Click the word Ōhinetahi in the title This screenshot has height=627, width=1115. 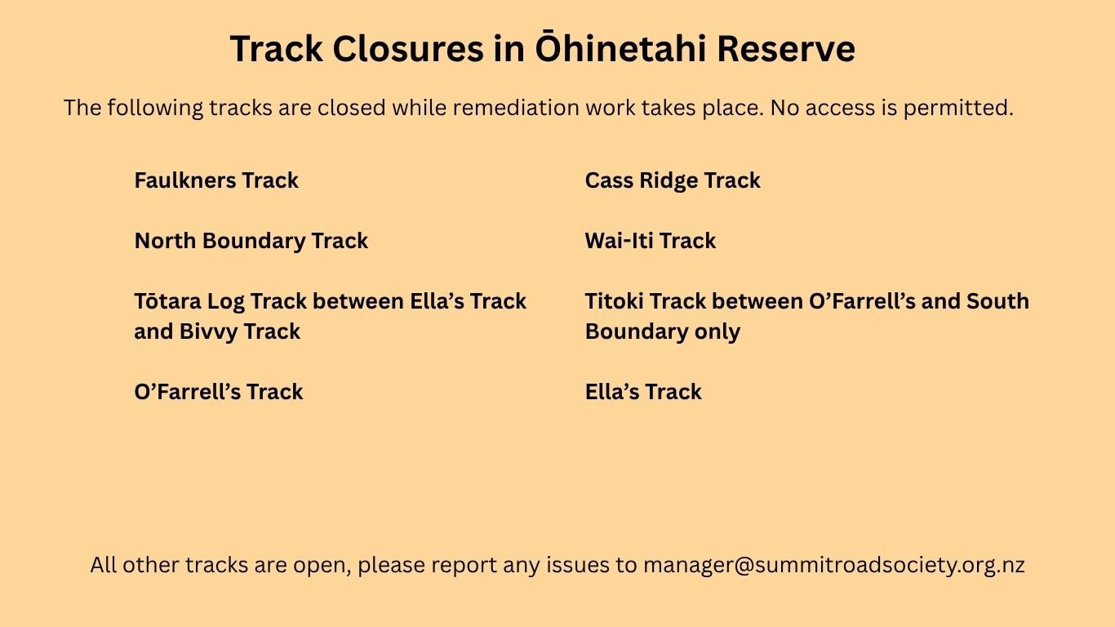[x=620, y=47]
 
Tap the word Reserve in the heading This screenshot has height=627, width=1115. [x=786, y=49]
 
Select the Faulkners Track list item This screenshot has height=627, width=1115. [x=216, y=180]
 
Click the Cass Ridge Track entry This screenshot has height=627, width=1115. [x=673, y=181]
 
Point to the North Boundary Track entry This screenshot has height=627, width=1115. [x=251, y=242]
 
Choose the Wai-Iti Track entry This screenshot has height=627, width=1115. [x=650, y=241]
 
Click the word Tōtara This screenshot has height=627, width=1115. [x=167, y=300]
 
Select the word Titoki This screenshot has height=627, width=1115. [x=614, y=300]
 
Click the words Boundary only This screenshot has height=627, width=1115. [x=663, y=332]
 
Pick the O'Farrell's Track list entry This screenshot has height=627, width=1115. [x=219, y=392]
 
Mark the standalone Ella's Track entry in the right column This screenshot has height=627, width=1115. [x=643, y=392]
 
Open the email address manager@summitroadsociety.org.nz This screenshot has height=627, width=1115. [x=833, y=565]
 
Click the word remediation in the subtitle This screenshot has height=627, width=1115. [x=516, y=108]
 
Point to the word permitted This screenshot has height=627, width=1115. [x=958, y=109]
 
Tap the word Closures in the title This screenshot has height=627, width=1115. [x=407, y=49]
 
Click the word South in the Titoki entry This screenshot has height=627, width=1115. [x=997, y=300]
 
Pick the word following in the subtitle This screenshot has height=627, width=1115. [x=155, y=109]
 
